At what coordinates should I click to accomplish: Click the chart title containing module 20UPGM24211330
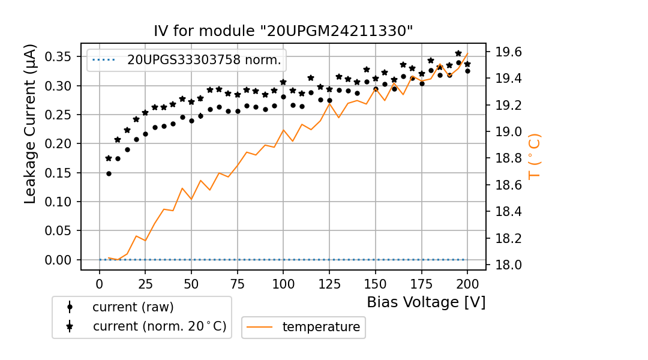pyautogui.click(x=283, y=31)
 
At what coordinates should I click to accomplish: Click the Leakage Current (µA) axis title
pyautogui.click(x=31, y=124)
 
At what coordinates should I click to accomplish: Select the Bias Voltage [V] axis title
pyautogui.click(x=426, y=302)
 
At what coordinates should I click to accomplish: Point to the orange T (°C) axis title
pyautogui.click(x=535, y=156)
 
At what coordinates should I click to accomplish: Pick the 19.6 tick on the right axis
pyautogui.click(x=508, y=52)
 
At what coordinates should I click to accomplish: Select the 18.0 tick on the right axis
pyautogui.click(x=508, y=265)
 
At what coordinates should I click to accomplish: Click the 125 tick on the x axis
pyautogui.click(x=329, y=283)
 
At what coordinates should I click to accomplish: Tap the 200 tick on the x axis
pyautogui.click(x=467, y=283)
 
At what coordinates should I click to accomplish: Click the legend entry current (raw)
pyautogui.click(x=133, y=307)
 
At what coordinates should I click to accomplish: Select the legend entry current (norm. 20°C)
pyautogui.click(x=159, y=327)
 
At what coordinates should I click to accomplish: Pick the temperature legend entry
pyautogui.click(x=321, y=327)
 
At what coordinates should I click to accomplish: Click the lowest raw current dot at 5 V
pyautogui.click(x=109, y=173)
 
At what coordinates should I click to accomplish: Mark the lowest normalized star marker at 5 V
pyautogui.click(x=109, y=158)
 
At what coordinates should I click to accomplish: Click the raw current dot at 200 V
pyautogui.click(x=467, y=71)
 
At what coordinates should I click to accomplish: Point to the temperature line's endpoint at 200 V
pyautogui.click(x=467, y=53)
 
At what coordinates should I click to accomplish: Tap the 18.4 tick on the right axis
pyautogui.click(x=508, y=212)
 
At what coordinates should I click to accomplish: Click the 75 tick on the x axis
pyautogui.click(x=238, y=283)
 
